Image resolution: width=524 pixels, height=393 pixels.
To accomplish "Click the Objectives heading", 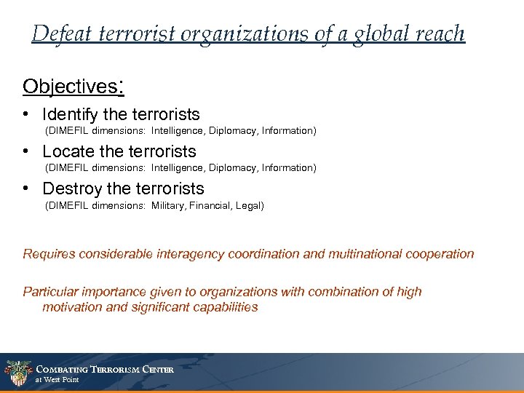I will point(70,87).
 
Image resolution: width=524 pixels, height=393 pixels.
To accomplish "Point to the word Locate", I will point(65,151).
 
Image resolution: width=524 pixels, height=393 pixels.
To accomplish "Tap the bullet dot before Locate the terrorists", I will point(26,151).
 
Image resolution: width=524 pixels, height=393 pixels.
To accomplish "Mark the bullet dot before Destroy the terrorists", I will point(26,188).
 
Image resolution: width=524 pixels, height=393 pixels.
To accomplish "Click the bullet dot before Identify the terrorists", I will point(26,114).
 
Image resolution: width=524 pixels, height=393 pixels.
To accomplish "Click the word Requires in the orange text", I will point(48,254).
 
